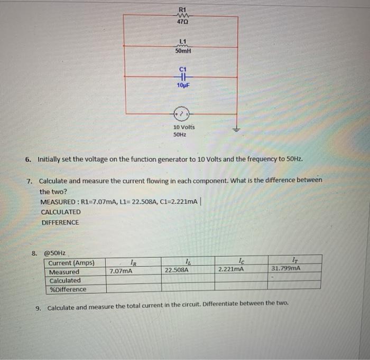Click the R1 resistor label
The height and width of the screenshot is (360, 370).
click(183, 9)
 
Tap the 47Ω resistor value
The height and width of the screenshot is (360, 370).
click(183, 23)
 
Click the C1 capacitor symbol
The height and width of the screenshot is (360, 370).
click(183, 77)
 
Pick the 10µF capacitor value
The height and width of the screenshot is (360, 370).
click(183, 86)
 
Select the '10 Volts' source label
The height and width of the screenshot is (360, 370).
click(184, 128)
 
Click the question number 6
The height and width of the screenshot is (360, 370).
click(29, 159)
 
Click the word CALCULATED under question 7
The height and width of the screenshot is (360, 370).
click(61, 212)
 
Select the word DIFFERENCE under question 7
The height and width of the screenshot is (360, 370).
click(60, 222)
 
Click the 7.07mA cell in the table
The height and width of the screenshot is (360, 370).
click(121, 271)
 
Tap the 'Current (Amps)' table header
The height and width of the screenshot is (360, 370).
click(71, 263)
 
